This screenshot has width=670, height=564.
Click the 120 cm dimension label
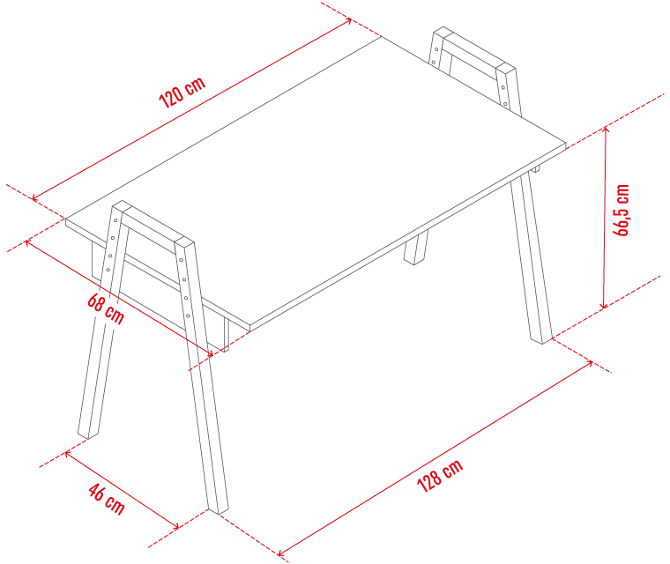click(x=182, y=93)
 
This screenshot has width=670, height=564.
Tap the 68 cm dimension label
click(x=106, y=308)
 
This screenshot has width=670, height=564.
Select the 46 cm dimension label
click(x=107, y=499)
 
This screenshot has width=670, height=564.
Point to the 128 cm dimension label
click(x=440, y=476)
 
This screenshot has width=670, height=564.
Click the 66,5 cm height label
click(x=622, y=210)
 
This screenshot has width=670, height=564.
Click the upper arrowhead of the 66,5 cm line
click(x=606, y=130)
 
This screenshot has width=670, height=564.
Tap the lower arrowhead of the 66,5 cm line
click(x=603, y=305)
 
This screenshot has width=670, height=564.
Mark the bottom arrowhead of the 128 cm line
click(x=281, y=553)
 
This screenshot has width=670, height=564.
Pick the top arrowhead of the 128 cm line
click(x=589, y=364)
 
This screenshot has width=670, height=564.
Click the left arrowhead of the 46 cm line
click(x=69, y=454)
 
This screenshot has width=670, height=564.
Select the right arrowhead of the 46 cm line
click(x=175, y=526)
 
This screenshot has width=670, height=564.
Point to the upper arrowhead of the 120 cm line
click(x=348, y=21)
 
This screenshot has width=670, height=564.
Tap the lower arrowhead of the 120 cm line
click(x=36, y=197)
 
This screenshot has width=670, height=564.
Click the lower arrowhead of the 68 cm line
click(x=209, y=353)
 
